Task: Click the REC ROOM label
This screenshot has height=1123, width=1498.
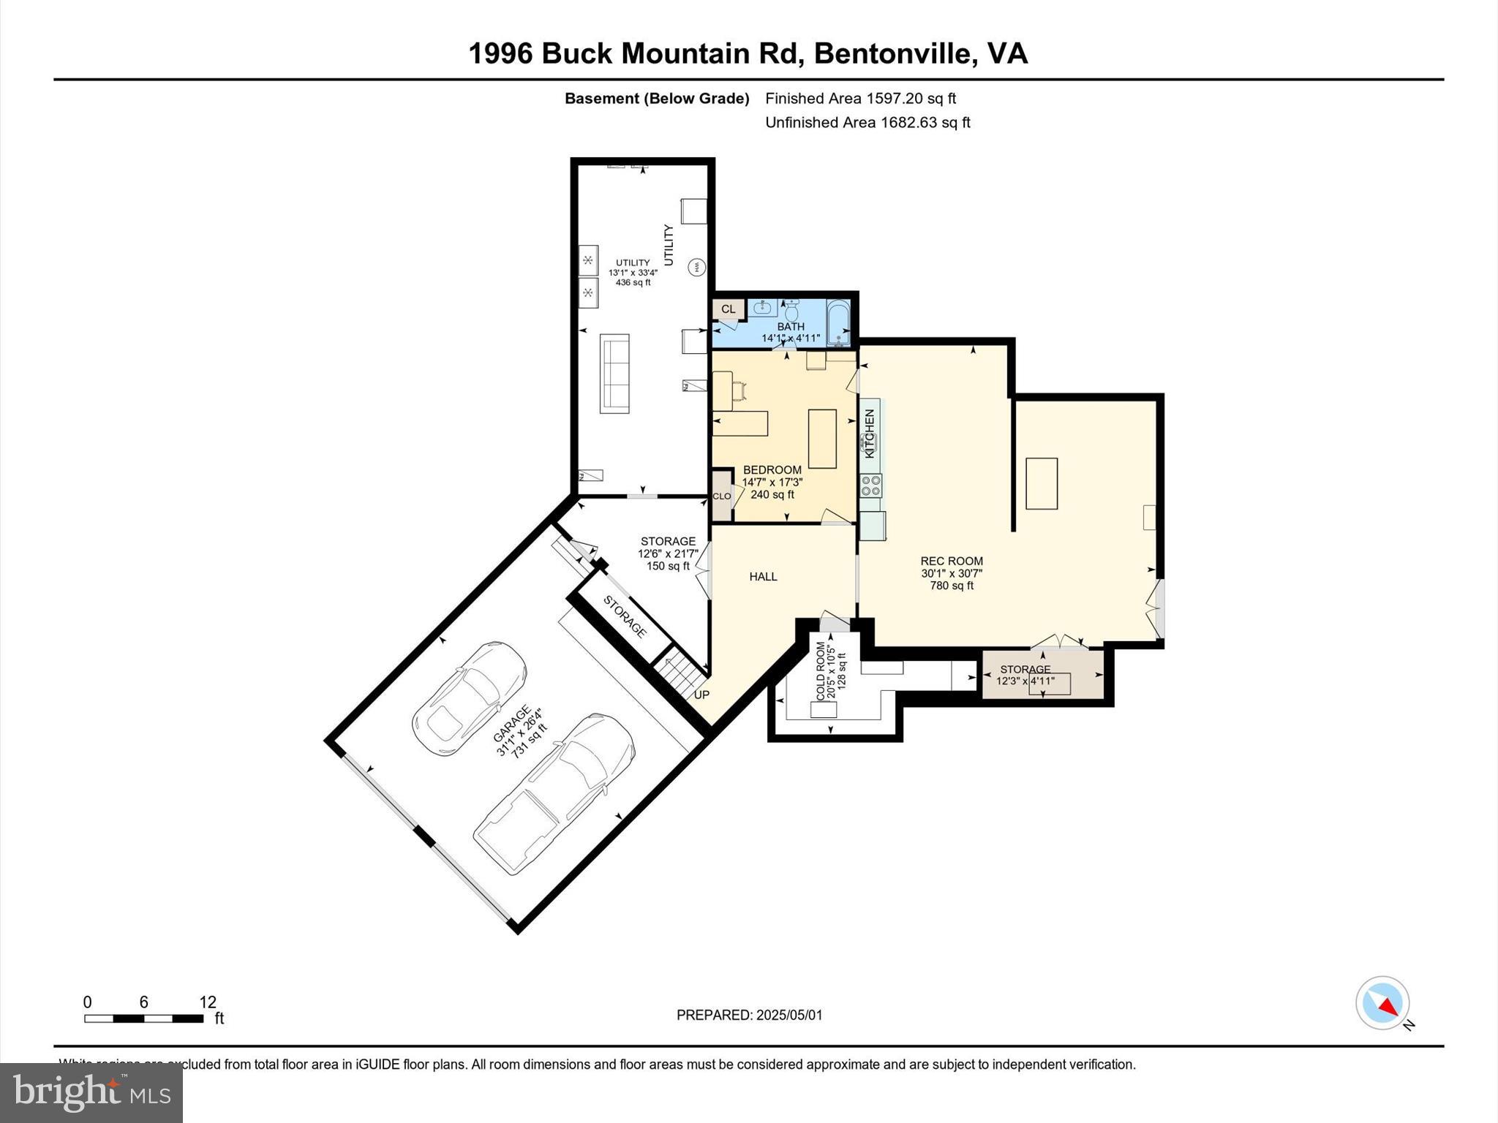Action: click(x=951, y=561)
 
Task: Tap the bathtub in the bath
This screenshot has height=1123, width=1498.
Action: click(x=838, y=322)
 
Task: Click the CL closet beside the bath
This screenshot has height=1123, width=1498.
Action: click(x=729, y=309)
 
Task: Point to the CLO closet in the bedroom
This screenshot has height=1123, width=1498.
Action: click(x=722, y=496)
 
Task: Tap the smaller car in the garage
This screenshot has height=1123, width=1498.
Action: click(x=469, y=697)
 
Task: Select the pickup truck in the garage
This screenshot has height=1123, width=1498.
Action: click(x=554, y=793)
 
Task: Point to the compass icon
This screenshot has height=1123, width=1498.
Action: click(x=1382, y=1003)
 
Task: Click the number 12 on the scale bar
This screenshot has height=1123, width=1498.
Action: click(x=208, y=1002)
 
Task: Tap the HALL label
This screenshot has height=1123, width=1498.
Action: click(x=763, y=577)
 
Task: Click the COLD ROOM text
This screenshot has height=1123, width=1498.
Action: click(x=820, y=670)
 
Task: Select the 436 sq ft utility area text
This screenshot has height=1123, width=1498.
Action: click(x=633, y=282)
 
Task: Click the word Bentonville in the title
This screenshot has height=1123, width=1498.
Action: click(x=895, y=53)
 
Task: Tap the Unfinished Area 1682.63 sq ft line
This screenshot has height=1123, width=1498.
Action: click(x=867, y=122)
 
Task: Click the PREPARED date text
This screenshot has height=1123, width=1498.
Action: click(x=749, y=1015)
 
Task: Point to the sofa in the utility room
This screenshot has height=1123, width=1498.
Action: click(x=614, y=373)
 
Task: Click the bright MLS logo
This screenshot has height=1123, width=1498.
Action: click(x=91, y=1092)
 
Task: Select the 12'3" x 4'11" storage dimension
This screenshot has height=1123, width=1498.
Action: click(x=1025, y=681)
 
